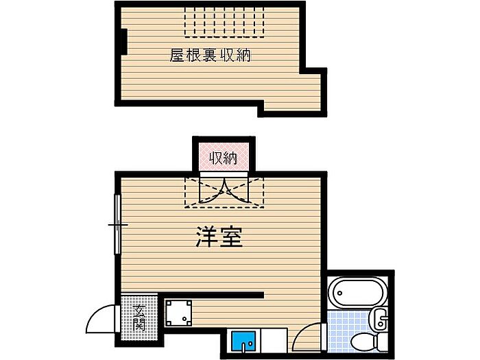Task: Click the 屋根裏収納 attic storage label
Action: click(x=210, y=56)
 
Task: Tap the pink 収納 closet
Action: click(x=223, y=158)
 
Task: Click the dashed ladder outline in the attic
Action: click(x=224, y=20)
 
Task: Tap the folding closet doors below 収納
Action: click(x=224, y=191)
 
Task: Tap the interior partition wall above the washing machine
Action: click(x=213, y=296)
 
